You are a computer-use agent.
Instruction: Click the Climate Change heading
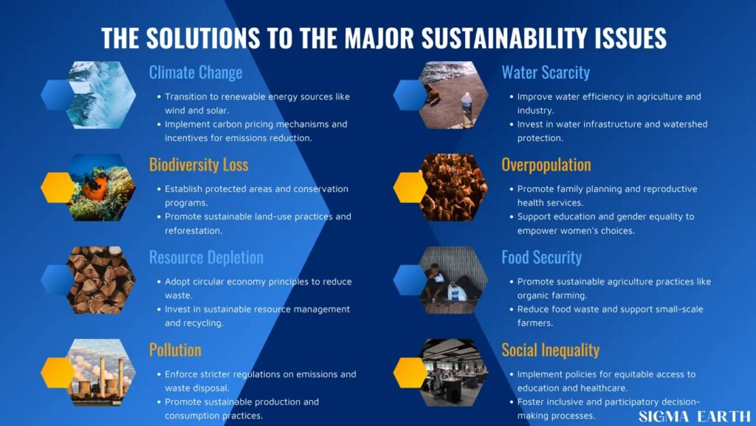195,73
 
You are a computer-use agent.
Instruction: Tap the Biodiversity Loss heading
199,165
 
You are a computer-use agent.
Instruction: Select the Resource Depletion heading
207,258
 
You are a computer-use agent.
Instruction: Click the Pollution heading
175,350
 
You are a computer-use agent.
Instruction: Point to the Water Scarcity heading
546,73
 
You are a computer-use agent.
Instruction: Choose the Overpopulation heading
546,165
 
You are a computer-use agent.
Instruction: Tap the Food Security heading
541,258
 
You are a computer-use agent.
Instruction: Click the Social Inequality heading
551,351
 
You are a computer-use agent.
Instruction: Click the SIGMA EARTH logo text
695,416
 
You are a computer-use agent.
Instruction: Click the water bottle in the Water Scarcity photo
467,107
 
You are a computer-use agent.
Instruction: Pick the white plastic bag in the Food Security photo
456,291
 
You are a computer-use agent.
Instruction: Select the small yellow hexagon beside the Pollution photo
58,373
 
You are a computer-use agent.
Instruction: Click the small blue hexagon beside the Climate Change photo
58,95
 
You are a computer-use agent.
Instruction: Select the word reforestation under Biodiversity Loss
193,230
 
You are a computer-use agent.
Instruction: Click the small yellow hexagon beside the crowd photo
410,188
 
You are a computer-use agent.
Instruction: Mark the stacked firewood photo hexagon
100,280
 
